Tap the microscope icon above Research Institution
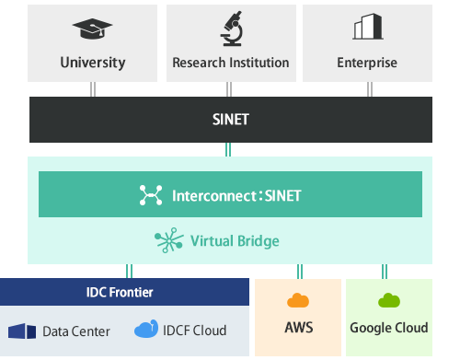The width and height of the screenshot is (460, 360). coord(230,28)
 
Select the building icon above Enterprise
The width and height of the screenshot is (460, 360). coord(368,28)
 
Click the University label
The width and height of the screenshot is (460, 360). coord(92,64)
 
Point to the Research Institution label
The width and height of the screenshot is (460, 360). coord(231,64)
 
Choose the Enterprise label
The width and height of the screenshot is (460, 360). coord(368,64)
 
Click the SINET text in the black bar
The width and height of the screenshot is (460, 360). coord(230,119)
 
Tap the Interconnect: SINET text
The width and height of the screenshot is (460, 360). coord(236,195)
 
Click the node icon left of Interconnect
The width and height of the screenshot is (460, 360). coord(150,195)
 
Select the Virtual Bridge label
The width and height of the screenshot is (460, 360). coord(235,241)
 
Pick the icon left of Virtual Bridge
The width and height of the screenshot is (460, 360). coord(168,241)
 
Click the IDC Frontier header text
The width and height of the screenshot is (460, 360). coord(125,292)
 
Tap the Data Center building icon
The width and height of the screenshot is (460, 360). coord(22,331)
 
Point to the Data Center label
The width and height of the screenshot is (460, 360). coord(75,331)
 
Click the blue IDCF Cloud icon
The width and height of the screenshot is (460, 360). coord(146,329)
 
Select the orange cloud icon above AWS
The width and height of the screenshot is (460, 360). coord(298,300)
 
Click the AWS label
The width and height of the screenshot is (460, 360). coord(298,328)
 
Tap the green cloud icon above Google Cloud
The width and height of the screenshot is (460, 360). coord(388,300)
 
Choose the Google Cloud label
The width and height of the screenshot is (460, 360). coord(388,328)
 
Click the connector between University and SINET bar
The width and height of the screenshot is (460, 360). coord(92,88)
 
